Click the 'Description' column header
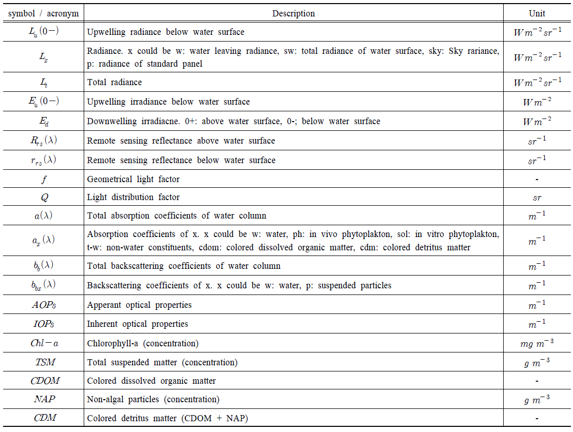pos(293,13)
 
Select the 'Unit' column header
pos(537,13)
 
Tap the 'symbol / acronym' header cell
pos(43,13)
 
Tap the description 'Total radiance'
pos(114,82)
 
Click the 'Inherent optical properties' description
pos(138,324)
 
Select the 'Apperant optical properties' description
pos(139,305)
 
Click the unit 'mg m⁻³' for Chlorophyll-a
pos(537,343)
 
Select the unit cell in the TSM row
pos(537,363)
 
